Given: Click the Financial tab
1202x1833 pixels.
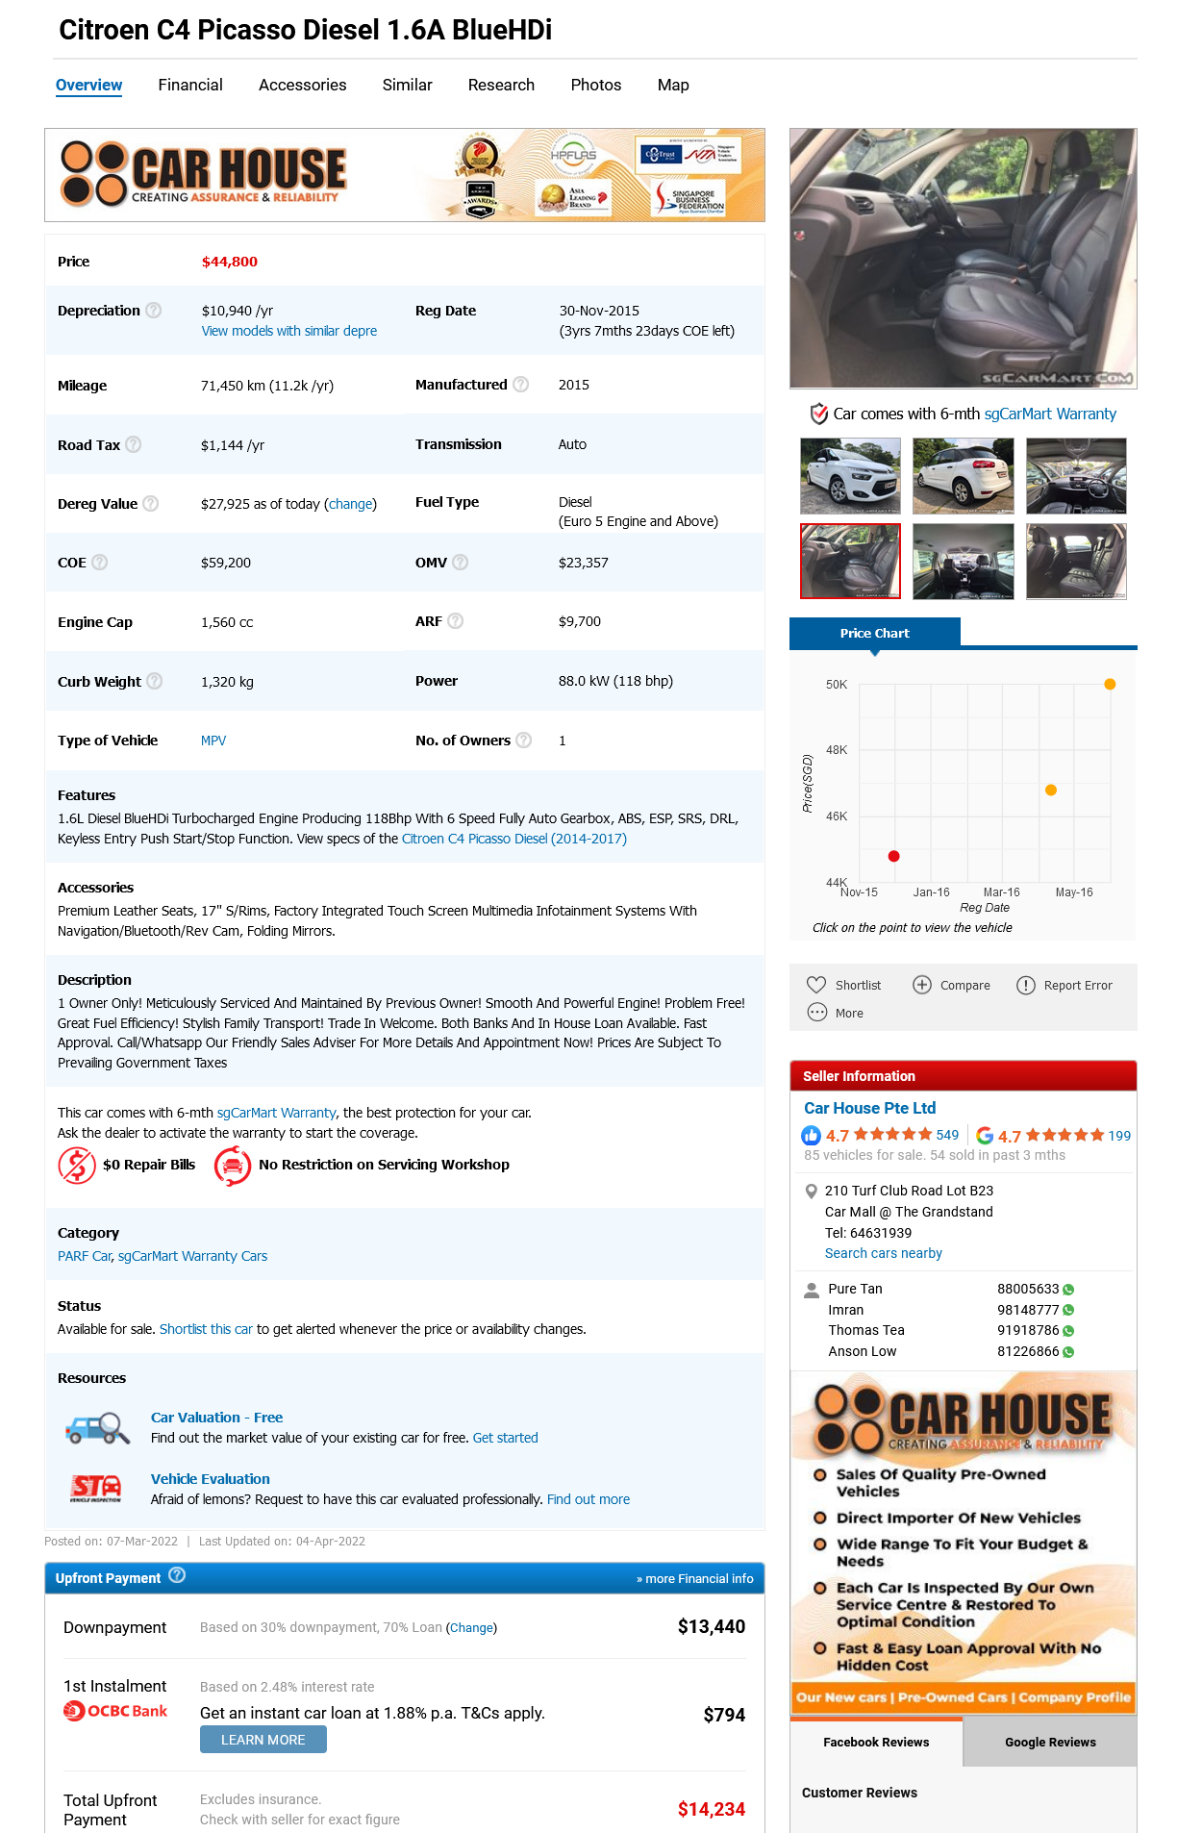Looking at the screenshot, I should click(x=190, y=86).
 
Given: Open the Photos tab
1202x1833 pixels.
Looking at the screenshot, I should click(x=595, y=86).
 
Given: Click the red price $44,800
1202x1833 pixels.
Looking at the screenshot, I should click(x=229, y=262).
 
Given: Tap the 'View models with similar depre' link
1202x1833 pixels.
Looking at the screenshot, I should click(x=288, y=331).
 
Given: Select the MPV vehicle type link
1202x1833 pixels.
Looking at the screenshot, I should click(x=213, y=741).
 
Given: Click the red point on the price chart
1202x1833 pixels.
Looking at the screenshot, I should click(x=893, y=856).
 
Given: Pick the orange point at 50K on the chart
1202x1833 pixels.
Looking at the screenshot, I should click(x=1110, y=685).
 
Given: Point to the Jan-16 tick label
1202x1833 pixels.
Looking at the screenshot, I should click(x=931, y=892).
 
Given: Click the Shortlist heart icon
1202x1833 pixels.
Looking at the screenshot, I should click(x=816, y=985).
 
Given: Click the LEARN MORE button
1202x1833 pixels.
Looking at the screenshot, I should click(x=263, y=1740).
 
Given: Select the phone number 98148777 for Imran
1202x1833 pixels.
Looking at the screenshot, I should click(x=1027, y=1310).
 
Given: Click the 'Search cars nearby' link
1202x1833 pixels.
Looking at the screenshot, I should click(x=883, y=1253).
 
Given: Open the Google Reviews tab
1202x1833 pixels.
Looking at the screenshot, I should click(x=1050, y=1742).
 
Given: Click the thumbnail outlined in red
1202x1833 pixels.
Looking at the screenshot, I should click(x=850, y=562).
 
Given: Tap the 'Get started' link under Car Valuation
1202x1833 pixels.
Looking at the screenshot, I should click(x=505, y=1438).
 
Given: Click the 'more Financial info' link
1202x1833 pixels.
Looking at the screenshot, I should click(x=694, y=1579).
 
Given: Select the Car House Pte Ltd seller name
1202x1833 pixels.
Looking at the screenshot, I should click(x=869, y=1108).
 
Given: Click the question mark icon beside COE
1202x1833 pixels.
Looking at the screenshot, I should click(x=99, y=563).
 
